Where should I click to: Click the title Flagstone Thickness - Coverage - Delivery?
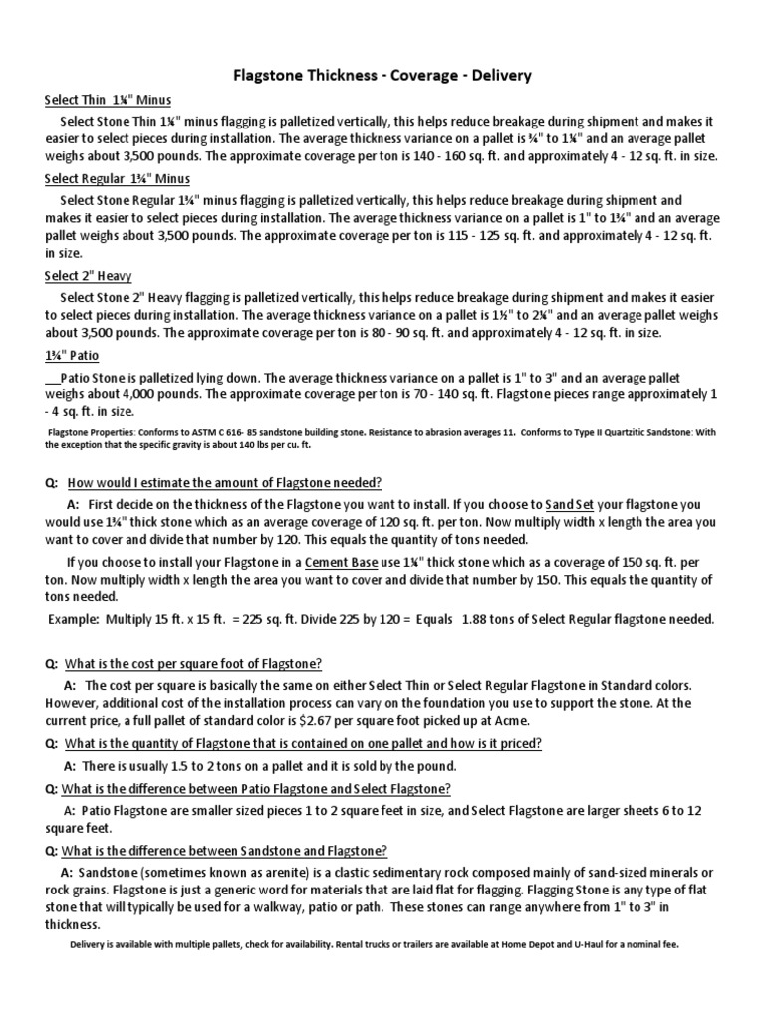[382, 75]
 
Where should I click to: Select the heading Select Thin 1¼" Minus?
[109, 100]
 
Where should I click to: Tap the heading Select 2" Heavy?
[89, 276]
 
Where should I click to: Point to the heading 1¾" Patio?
[72, 355]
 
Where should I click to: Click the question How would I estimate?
[224, 482]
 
